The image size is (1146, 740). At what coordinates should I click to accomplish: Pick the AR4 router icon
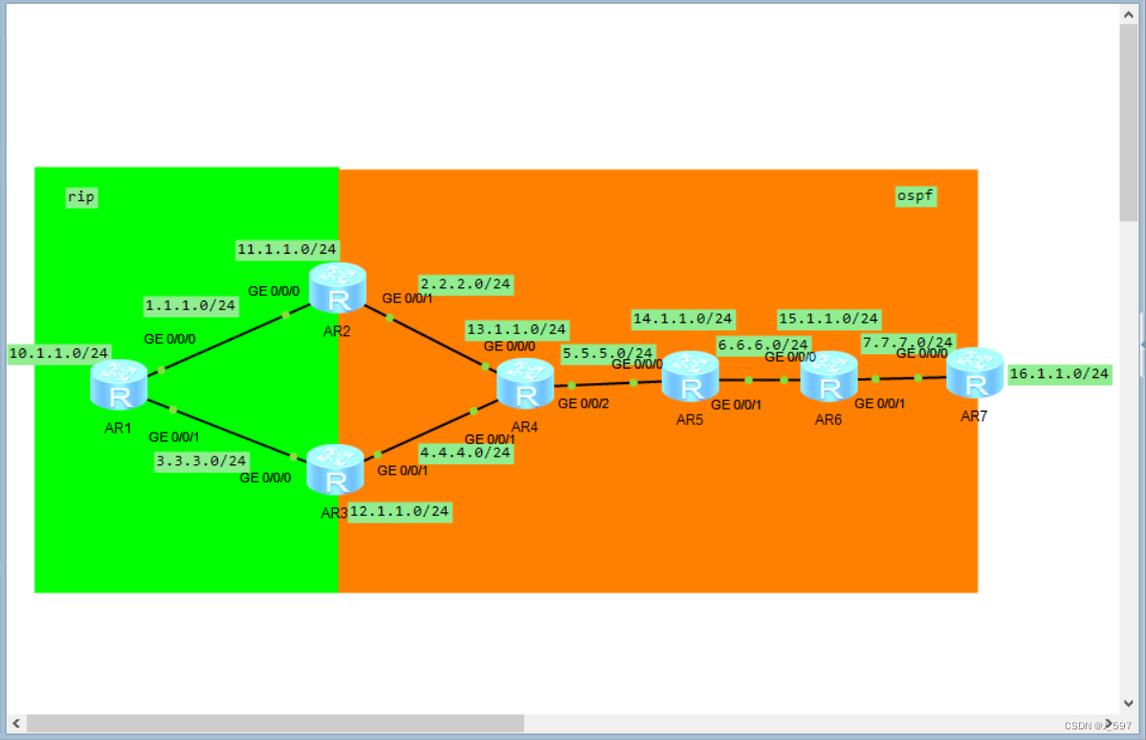525,384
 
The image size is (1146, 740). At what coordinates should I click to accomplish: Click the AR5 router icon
690,376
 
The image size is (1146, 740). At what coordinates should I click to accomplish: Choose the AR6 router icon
828,376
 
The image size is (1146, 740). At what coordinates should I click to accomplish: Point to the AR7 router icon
975,372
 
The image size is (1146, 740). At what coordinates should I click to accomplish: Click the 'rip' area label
81,197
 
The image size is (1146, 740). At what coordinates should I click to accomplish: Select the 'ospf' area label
915,196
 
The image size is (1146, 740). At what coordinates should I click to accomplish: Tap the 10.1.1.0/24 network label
59,354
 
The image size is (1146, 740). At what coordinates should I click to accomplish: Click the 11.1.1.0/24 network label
287,249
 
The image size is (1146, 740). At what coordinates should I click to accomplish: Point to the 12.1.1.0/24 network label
399,511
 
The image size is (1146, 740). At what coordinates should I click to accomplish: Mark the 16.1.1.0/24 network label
1059,373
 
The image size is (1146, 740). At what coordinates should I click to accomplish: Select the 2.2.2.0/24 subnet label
466,284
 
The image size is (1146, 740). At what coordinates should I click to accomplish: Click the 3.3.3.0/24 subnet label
201,461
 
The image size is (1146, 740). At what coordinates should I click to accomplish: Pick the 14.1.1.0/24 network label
683,318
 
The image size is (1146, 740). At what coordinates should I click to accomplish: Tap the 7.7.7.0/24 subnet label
908,342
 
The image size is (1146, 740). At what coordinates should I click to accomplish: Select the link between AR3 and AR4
426,433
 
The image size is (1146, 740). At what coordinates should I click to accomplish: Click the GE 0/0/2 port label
582,404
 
